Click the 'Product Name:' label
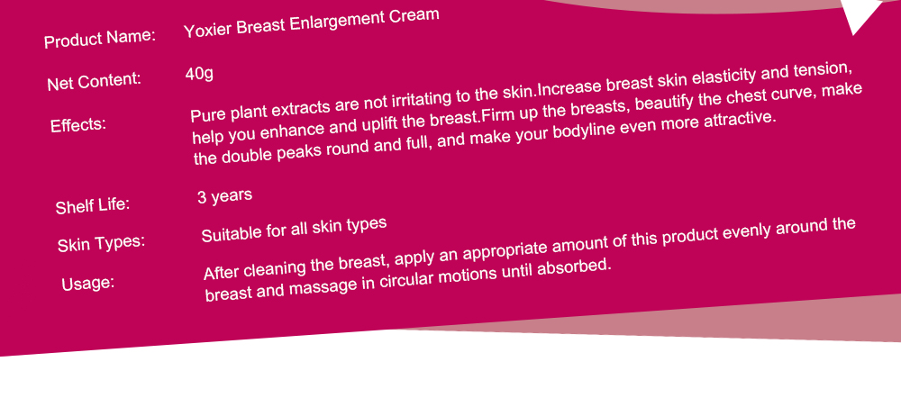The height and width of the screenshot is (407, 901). [x=100, y=39]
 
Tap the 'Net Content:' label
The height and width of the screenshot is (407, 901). [x=95, y=81]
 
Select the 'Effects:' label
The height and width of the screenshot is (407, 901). [x=78, y=124]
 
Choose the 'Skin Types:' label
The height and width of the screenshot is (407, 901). [x=101, y=243]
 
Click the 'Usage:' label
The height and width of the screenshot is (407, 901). [x=88, y=283]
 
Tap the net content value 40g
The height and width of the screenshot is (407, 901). [x=199, y=74]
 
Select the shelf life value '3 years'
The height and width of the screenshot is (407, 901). [x=224, y=196]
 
